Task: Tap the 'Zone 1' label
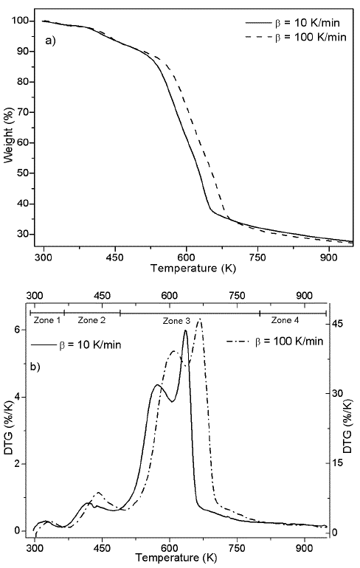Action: [46, 320]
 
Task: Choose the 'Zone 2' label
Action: [91, 320]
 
